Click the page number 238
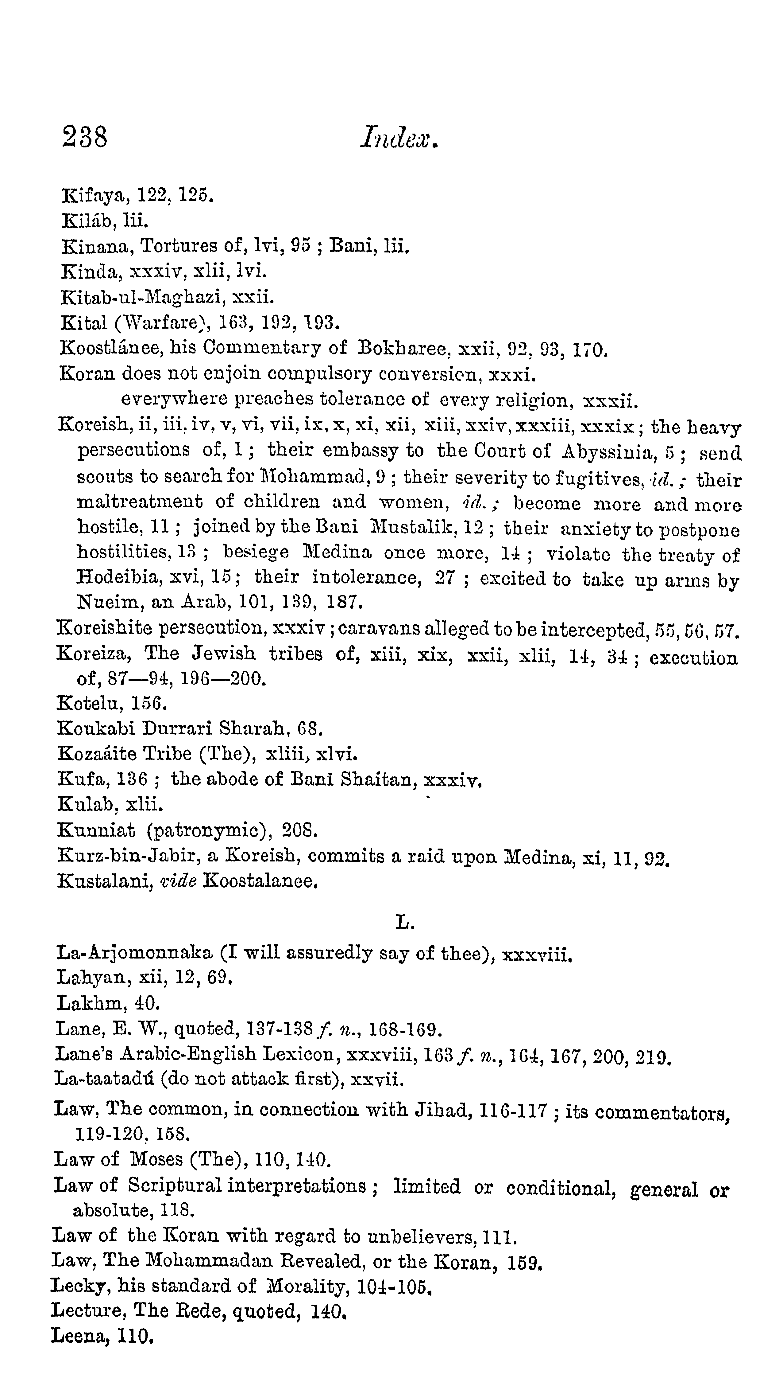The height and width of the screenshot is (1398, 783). tap(85, 136)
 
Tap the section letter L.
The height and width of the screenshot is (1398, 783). tap(404, 922)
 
